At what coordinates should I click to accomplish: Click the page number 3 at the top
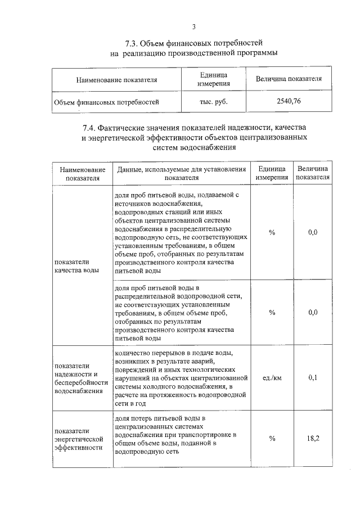pos(193,26)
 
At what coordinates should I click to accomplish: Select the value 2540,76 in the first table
pos(289,102)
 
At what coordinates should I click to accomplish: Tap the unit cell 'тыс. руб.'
pos(214,102)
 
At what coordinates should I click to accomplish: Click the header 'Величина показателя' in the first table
pos(289,79)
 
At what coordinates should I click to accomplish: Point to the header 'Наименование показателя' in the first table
pos(116,80)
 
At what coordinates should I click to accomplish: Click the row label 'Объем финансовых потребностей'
pos(106,102)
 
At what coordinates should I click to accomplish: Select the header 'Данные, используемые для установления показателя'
pos(181,173)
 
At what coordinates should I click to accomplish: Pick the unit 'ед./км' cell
pos(272,377)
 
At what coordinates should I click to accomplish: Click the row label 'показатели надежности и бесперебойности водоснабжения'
pos(80,378)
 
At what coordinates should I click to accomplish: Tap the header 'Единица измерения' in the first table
pos(214,79)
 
